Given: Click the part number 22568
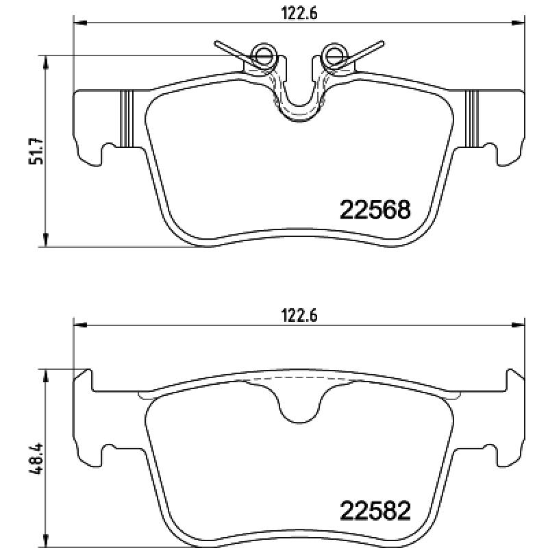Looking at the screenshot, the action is point(375,210).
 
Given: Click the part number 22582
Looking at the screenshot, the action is point(375,511).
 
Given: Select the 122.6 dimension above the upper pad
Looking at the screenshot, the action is point(299,14).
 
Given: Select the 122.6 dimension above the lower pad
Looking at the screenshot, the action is point(299,316).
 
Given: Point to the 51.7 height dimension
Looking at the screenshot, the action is point(36,151).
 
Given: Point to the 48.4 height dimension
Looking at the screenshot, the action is point(36,458).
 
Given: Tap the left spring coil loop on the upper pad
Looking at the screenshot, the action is point(264,55).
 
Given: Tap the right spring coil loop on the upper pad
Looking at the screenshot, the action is point(334,55).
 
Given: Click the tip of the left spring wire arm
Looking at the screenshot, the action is point(216,43).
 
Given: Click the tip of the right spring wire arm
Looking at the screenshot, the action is point(382,43).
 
